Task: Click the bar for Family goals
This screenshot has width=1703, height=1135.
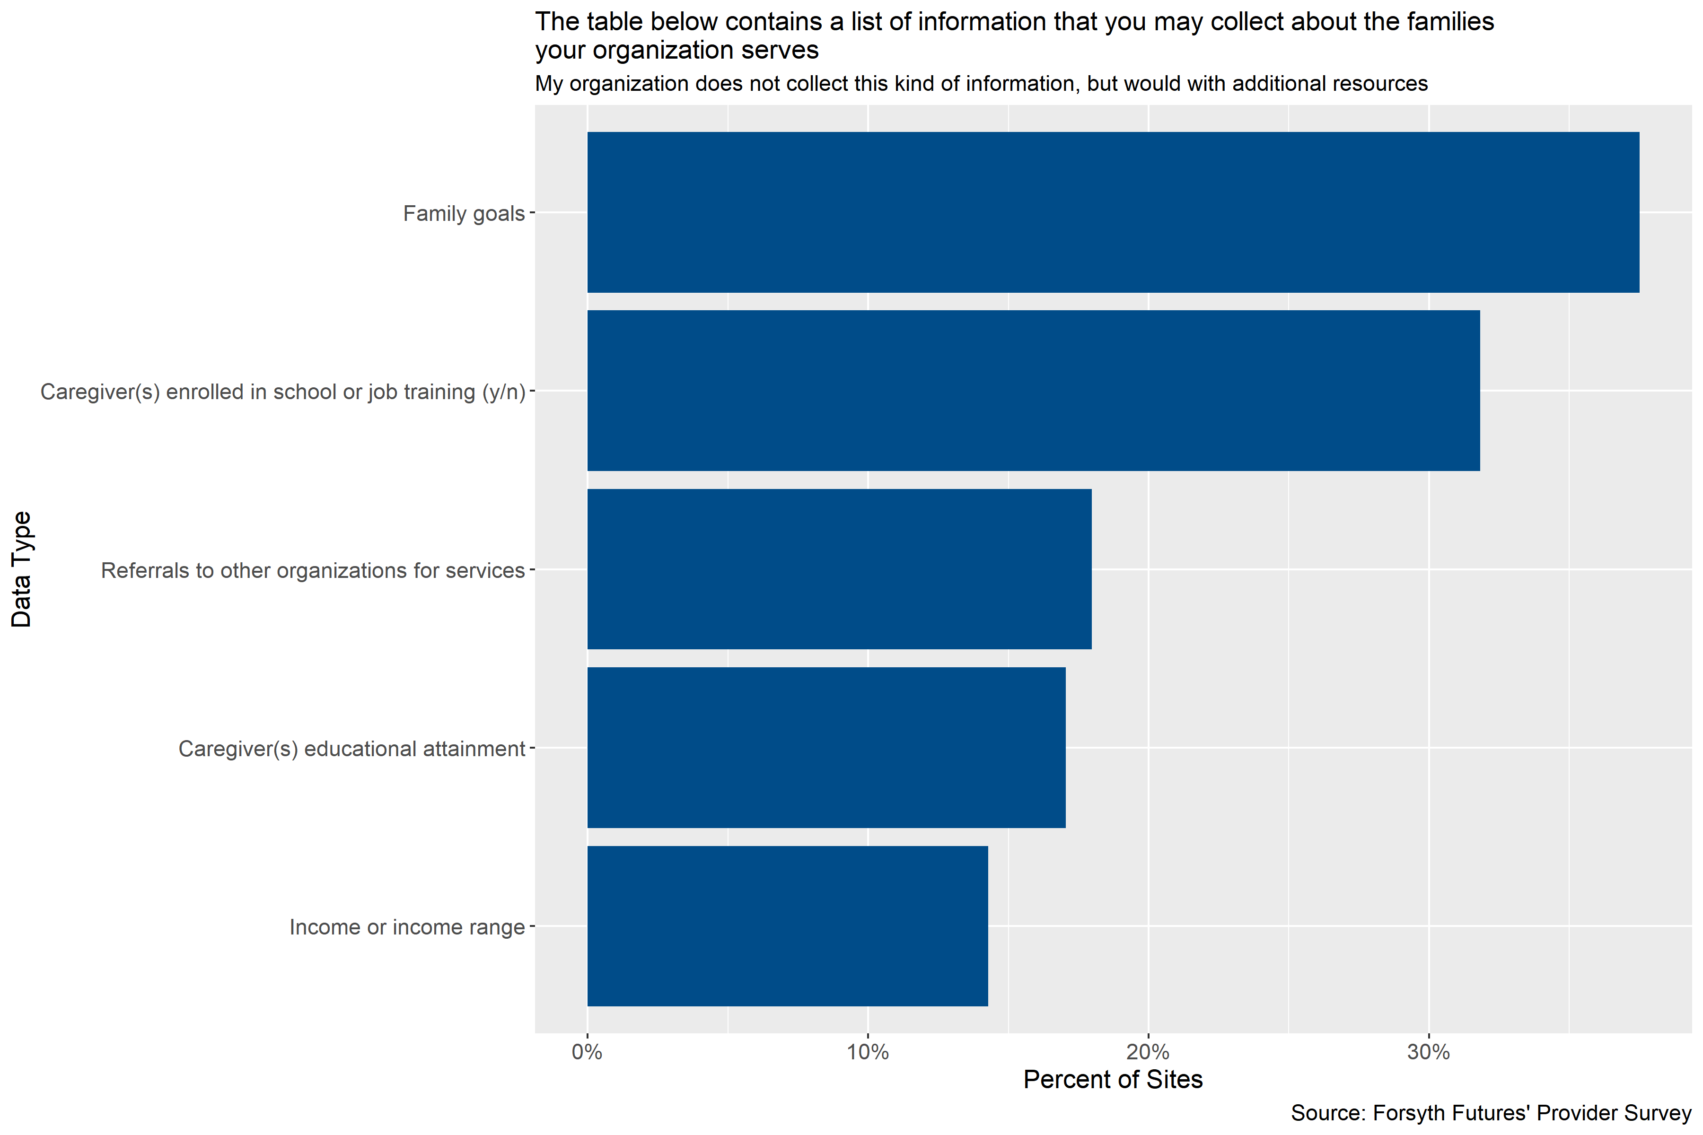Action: coord(1113,212)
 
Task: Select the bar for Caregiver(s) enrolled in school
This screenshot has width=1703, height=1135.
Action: coord(1033,391)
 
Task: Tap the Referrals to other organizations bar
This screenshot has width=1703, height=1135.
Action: coord(839,569)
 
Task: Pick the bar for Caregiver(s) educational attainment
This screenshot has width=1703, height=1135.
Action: coord(826,747)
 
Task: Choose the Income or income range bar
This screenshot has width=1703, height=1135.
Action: coord(787,926)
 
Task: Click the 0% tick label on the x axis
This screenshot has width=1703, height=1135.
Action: coord(587,1052)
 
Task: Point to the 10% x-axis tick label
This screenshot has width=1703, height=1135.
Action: coord(868,1052)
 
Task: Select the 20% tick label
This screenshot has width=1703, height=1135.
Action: coord(1149,1052)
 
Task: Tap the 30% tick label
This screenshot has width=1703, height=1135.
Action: coord(1429,1052)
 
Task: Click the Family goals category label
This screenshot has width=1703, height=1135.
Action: coord(464,214)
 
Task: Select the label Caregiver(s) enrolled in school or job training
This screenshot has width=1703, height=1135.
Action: coord(282,392)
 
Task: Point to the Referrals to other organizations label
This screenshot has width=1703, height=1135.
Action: coord(312,570)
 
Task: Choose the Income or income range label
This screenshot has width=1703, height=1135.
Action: coord(407,927)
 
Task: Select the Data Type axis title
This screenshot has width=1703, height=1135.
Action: coord(22,569)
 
